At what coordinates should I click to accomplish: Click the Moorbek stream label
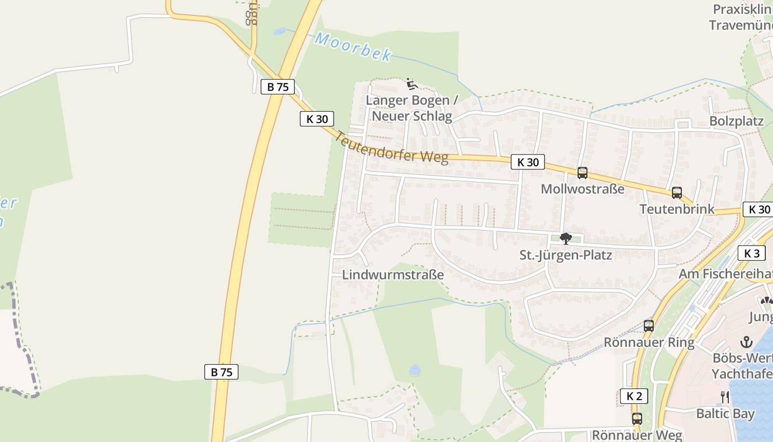point(353,47)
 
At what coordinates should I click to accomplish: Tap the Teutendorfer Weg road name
point(391,148)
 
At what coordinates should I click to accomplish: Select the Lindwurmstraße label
point(393,275)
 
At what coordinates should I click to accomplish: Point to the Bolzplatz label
point(736,122)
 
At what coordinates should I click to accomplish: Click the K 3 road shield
point(751,253)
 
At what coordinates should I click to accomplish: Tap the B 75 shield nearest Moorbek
point(278,87)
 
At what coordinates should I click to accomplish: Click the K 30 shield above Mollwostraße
point(528,162)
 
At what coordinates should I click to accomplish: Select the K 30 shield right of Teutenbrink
point(760,209)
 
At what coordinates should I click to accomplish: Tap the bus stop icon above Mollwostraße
point(582,173)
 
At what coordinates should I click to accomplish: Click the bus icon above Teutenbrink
point(677,193)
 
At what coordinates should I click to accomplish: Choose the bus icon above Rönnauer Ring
point(649,326)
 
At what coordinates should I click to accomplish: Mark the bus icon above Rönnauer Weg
point(637,418)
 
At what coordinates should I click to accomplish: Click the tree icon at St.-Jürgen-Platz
point(565,239)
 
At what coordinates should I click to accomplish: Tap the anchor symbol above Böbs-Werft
point(746,341)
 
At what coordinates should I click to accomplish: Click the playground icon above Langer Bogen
point(411,84)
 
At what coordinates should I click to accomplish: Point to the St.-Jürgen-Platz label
point(565,256)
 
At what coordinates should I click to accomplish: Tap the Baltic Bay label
point(725,413)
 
